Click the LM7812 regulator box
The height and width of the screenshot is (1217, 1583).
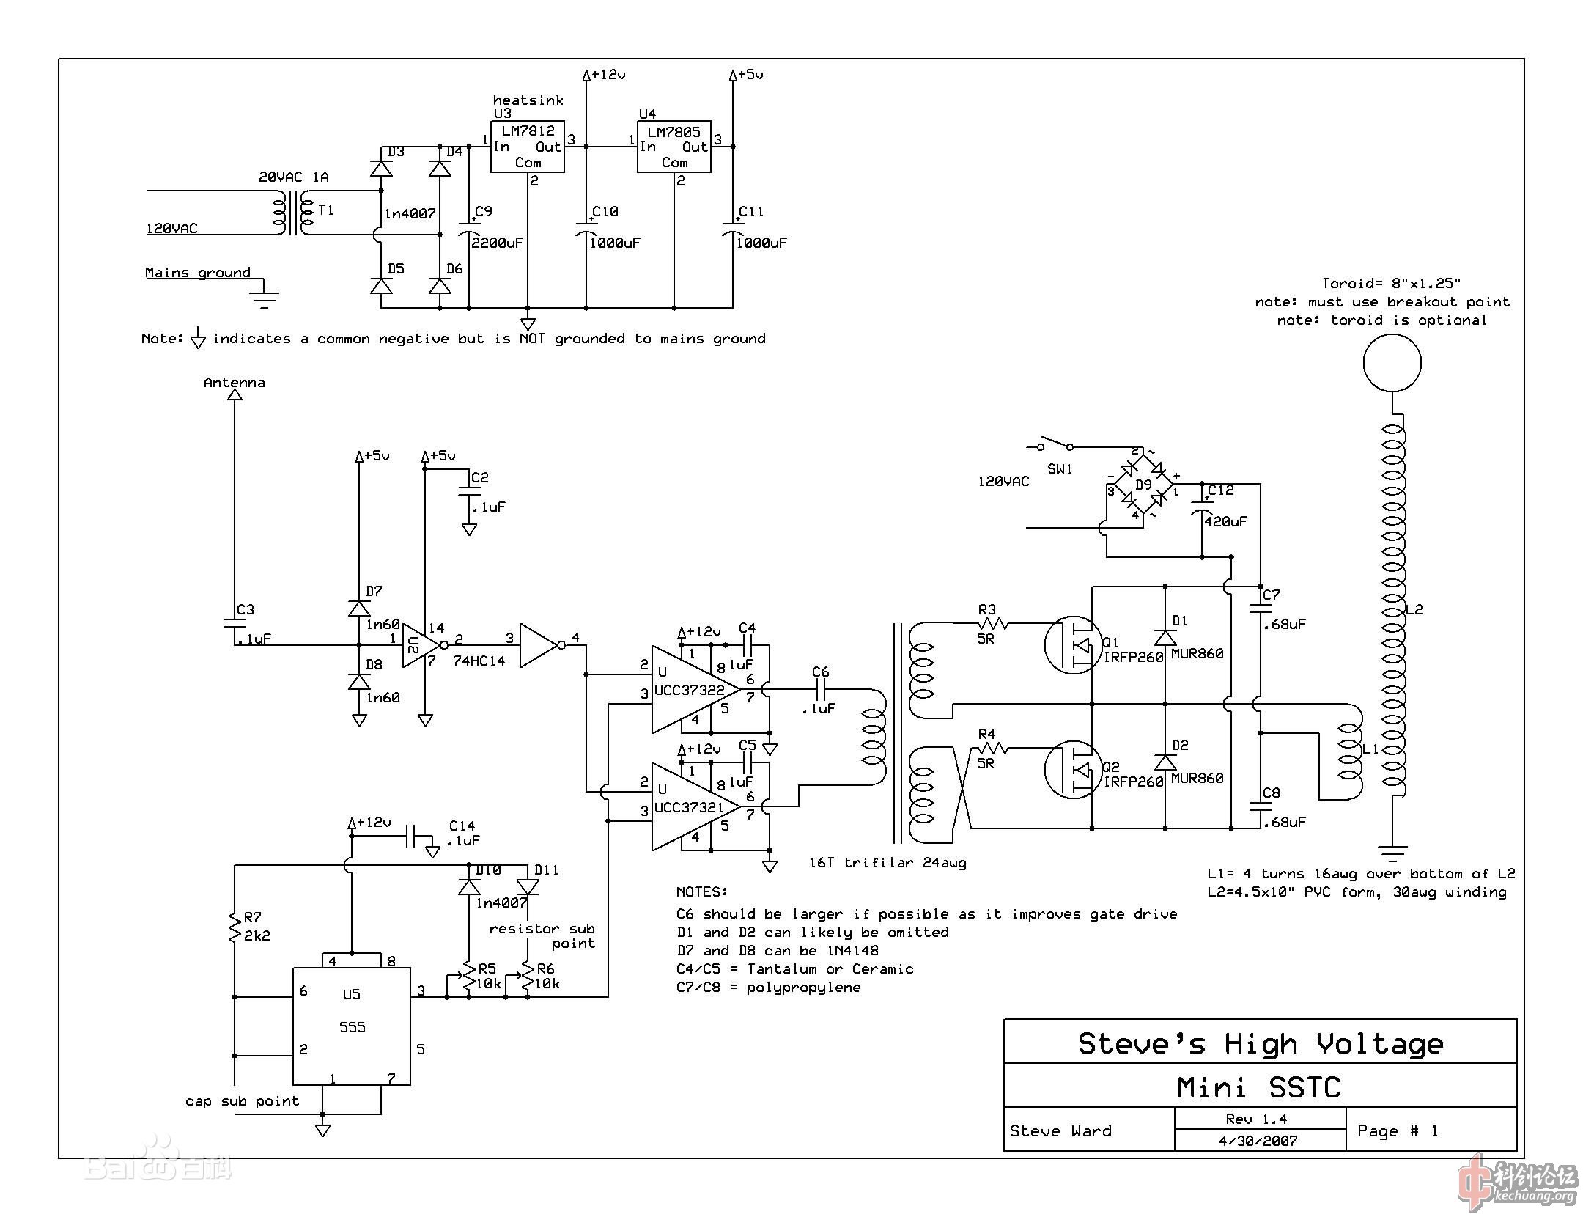(527, 147)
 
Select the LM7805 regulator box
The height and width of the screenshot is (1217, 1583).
(674, 147)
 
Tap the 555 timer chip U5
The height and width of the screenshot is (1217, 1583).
(352, 1026)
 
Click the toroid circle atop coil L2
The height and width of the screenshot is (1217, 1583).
(1392, 363)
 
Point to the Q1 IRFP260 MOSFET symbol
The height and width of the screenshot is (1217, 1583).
(1072, 645)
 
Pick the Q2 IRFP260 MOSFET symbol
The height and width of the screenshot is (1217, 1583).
(1072, 770)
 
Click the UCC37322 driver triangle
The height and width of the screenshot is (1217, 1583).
(689, 689)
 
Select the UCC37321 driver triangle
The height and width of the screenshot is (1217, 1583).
(689, 806)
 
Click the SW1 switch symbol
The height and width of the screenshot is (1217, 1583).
(1053, 445)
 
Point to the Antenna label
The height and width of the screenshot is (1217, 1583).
(235, 383)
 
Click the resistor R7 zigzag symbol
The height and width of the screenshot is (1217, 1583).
(235, 927)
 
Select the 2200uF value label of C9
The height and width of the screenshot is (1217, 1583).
(498, 243)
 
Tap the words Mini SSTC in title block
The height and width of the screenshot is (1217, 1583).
(1259, 1087)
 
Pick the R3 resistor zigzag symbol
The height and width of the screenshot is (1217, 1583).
(992, 624)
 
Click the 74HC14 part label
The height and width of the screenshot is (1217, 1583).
(479, 661)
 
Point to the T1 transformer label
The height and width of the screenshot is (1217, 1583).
(326, 210)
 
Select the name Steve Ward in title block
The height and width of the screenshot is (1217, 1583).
(1060, 1131)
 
